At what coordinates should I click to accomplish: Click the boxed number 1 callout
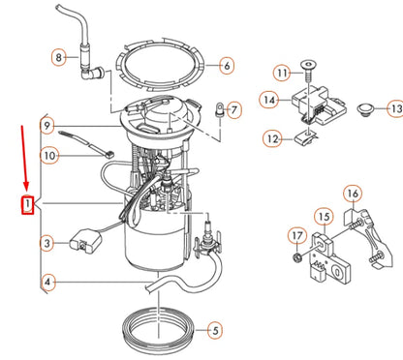[x=28, y=204]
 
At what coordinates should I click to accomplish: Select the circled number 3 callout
[x=47, y=243]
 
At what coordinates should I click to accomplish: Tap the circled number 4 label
[x=47, y=283]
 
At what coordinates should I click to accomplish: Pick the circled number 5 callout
[x=215, y=330]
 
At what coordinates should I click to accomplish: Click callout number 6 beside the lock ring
[x=227, y=66]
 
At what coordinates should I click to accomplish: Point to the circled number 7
[x=234, y=109]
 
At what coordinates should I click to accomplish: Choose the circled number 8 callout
[x=59, y=57]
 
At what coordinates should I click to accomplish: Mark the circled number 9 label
[x=47, y=126]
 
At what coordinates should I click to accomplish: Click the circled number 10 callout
[x=49, y=156]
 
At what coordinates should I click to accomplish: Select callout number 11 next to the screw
[x=282, y=73]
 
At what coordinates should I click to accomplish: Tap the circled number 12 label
[x=272, y=139]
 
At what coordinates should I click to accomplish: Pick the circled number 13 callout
[x=395, y=108]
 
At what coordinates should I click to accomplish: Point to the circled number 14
[x=268, y=100]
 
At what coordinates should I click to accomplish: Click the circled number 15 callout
[x=324, y=217]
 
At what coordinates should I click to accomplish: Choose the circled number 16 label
[x=353, y=194]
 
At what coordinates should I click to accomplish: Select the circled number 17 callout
[x=297, y=236]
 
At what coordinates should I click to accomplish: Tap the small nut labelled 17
[x=297, y=257]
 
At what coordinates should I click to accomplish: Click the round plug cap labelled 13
[x=366, y=109]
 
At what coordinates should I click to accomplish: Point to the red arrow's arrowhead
[x=26, y=186]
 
